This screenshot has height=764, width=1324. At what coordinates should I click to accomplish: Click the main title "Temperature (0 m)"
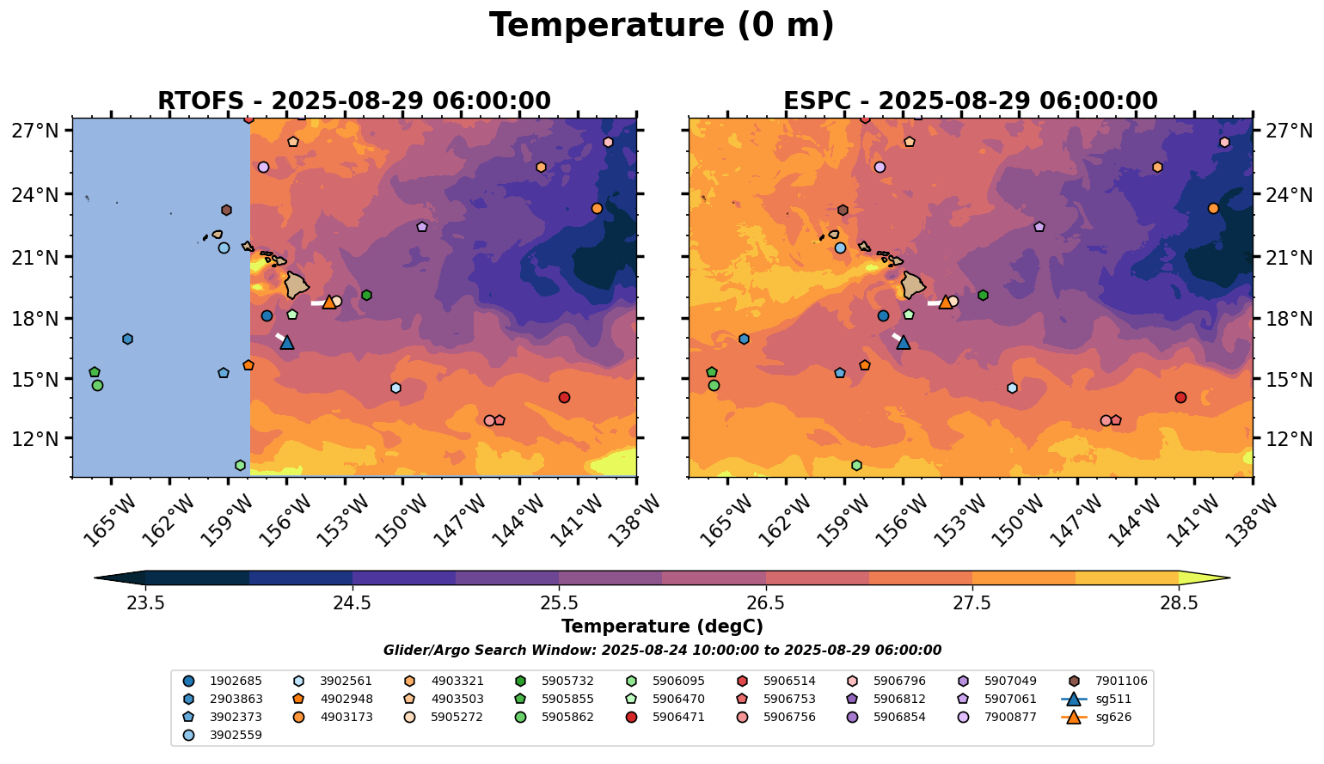click(x=661, y=26)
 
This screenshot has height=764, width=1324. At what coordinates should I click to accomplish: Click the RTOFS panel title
click(x=353, y=101)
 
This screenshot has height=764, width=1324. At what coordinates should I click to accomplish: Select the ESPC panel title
click(x=970, y=101)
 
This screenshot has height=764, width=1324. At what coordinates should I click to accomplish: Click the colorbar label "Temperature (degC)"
click(x=661, y=626)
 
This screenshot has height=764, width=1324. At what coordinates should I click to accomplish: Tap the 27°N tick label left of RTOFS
click(x=35, y=131)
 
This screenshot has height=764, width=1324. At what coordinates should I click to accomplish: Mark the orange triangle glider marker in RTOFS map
click(x=328, y=302)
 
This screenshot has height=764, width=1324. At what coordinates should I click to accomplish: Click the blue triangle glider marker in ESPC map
click(x=903, y=342)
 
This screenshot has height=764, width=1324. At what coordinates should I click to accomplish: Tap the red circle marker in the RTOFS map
click(x=564, y=397)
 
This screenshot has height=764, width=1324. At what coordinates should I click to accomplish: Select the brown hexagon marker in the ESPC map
click(x=843, y=210)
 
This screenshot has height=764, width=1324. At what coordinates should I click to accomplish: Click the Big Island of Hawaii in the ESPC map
click(x=914, y=284)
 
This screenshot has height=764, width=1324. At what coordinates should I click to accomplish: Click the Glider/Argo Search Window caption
click(x=661, y=651)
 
